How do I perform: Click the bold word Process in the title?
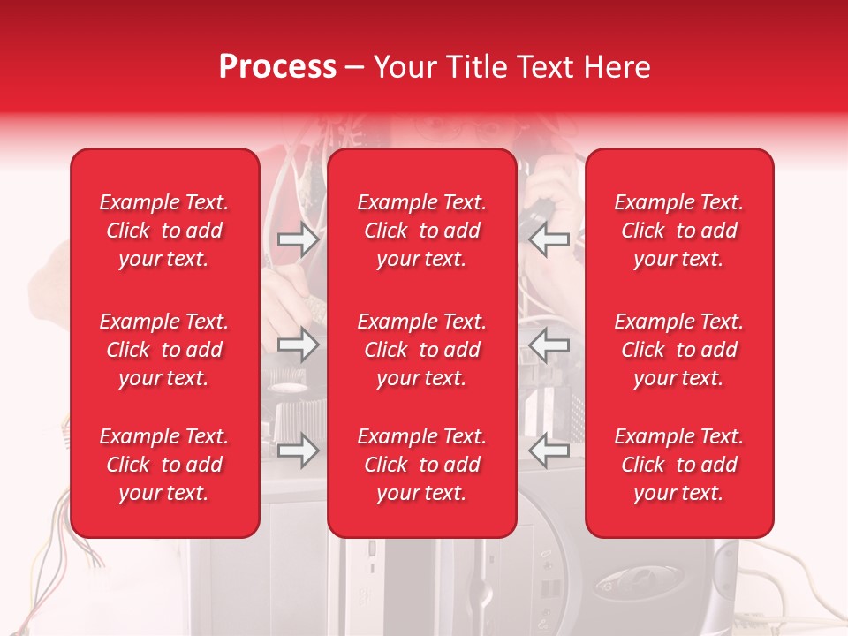pyautogui.click(x=278, y=67)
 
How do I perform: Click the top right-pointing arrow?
pyautogui.click(x=298, y=239)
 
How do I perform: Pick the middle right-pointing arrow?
pyautogui.click(x=298, y=344)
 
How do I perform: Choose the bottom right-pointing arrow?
pyautogui.click(x=298, y=450)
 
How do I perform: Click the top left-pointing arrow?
pyautogui.click(x=549, y=239)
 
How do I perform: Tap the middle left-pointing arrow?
pyautogui.click(x=549, y=344)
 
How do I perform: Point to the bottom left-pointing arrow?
pyautogui.click(x=549, y=450)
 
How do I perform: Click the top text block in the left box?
pyautogui.click(x=164, y=231)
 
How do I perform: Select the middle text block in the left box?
pyautogui.click(x=164, y=350)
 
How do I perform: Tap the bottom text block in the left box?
pyautogui.click(x=164, y=465)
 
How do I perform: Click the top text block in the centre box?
pyautogui.click(x=422, y=231)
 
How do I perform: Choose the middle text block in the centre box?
pyautogui.click(x=422, y=350)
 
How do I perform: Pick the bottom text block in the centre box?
pyautogui.click(x=422, y=465)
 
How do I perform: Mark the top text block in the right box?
pyautogui.click(x=678, y=231)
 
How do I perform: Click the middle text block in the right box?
pyautogui.click(x=678, y=350)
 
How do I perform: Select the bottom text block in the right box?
pyautogui.click(x=678, y=465)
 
